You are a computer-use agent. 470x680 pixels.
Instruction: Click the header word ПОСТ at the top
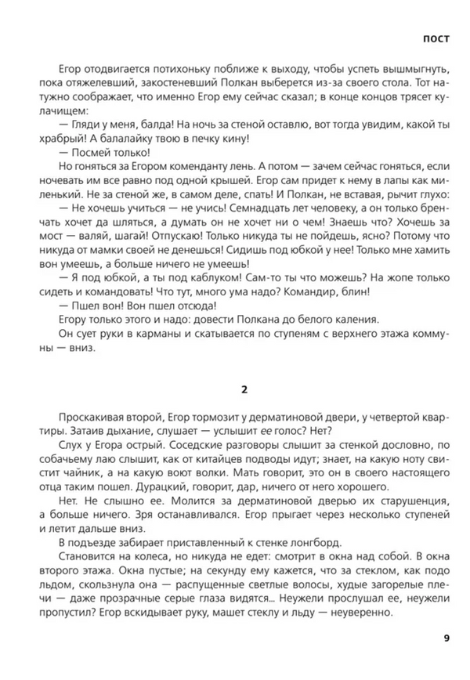[x=436, y=37]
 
